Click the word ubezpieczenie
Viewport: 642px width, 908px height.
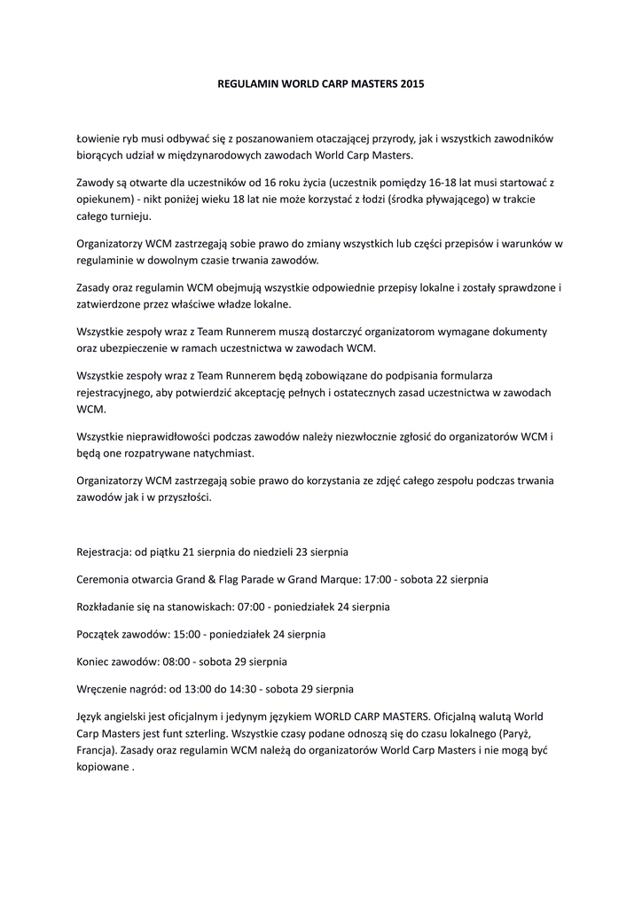click(132, 348)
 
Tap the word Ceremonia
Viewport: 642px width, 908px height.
click(106, 579)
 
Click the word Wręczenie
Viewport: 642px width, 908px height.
click(104, 688)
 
